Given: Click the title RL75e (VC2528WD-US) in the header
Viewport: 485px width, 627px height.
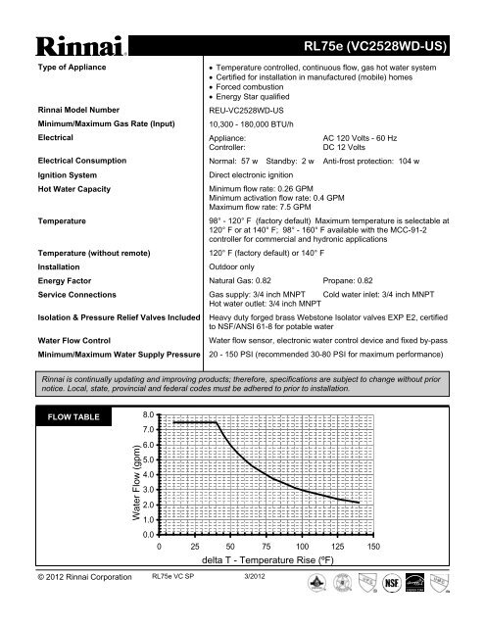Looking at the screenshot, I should (x=389, y=45).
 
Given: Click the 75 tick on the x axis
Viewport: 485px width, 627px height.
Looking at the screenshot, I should (x=267, y=546).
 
